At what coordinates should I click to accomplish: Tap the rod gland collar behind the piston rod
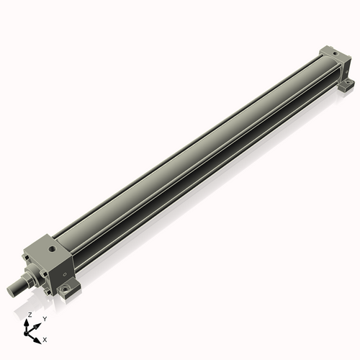click(x=32, y=276)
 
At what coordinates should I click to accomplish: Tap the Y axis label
click(x=45, y=318)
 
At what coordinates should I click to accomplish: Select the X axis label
click(x=45, y=338)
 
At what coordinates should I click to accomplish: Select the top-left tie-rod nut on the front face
click(x=27, y=253)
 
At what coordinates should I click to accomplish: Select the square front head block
click(x=50, y=263)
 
